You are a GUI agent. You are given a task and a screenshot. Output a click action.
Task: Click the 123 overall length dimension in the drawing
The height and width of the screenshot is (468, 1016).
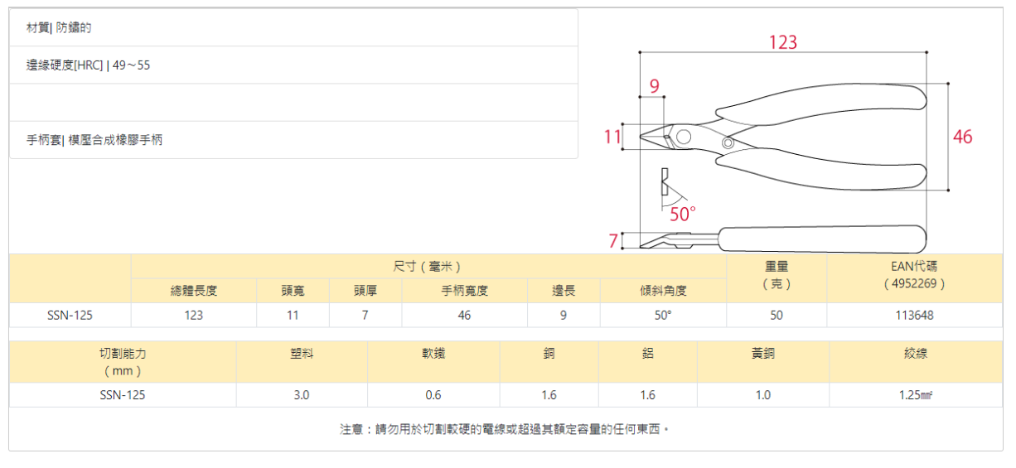782,42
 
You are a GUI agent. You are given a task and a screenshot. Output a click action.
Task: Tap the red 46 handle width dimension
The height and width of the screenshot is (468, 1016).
962,137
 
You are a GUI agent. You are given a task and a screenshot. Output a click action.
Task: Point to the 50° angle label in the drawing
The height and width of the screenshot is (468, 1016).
683,215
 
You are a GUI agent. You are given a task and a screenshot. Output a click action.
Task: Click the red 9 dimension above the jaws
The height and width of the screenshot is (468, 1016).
654,85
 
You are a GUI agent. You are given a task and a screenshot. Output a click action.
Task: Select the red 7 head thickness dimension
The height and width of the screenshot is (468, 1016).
613,241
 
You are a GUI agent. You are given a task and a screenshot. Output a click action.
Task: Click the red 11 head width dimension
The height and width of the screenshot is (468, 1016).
612,137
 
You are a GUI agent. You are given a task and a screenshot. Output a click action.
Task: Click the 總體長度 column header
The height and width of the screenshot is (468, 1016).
194,291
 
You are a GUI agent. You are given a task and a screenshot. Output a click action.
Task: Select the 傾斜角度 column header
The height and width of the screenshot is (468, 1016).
663,291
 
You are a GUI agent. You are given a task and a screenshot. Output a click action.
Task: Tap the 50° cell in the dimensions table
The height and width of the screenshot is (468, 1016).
663,316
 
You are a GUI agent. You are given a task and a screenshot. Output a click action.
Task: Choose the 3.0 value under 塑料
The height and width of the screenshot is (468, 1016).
302,395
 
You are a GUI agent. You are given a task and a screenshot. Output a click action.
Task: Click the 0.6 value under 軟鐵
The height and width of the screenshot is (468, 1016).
433,395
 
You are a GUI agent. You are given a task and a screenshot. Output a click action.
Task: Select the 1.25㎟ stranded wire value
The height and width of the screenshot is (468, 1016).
916,395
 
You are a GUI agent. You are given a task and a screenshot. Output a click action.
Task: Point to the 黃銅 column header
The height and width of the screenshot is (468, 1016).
762,354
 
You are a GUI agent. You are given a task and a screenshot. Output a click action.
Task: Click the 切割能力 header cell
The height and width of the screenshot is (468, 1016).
123,361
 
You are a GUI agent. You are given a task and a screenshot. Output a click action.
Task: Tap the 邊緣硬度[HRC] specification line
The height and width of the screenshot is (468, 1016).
89,65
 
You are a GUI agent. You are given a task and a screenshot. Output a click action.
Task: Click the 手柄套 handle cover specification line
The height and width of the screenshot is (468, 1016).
94,140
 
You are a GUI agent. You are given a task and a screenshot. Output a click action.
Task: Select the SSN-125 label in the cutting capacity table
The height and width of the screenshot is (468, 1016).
123,395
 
